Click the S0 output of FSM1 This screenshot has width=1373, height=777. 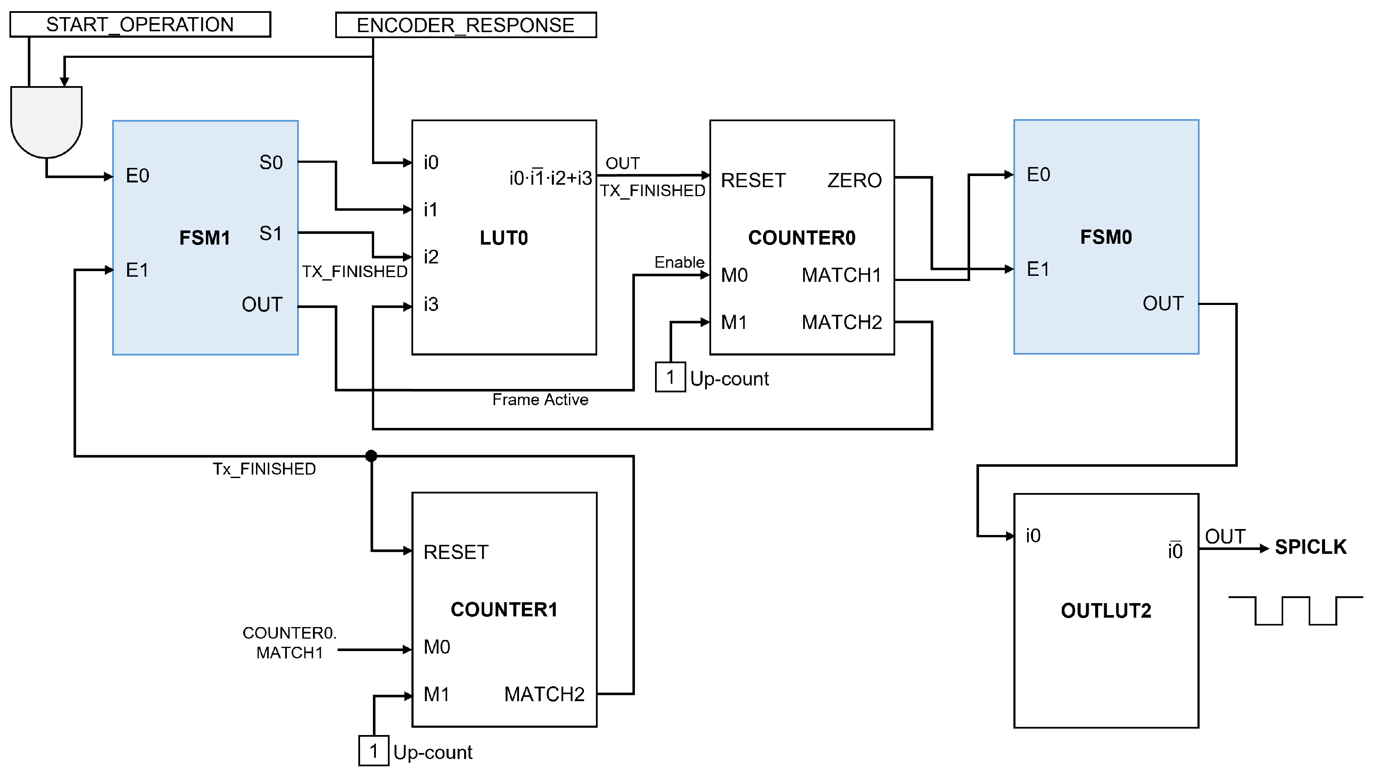[x=271, y=162]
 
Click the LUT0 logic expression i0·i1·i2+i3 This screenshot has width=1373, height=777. [x=550, y=178]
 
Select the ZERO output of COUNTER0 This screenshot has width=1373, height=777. [x=854, y=180]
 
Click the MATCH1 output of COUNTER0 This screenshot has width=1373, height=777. [x=841, y=275]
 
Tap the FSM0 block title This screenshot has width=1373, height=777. [x=1105, y=237]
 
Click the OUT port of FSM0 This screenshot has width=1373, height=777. [x=1162, y=304]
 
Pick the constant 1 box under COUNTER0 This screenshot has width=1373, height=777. [x=670, y=377]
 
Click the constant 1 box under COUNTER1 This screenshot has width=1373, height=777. [x=373, y=751]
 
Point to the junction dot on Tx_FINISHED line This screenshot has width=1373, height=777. [x=371, y=456]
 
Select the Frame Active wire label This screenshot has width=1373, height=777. [x=540, y=400]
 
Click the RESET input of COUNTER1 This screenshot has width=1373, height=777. [x=456, y=552]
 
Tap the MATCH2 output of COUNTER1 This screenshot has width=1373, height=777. [x=544, y=694]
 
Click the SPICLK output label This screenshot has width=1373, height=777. [x=1310, y=547]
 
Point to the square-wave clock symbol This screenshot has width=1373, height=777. [x=1295, y=610]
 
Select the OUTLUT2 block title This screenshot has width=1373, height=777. [x=1105, y=610]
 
